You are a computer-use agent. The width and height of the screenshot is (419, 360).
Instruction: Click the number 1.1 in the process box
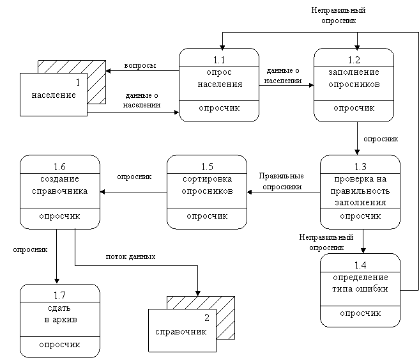219,60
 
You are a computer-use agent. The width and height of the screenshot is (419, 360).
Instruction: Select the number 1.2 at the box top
354,60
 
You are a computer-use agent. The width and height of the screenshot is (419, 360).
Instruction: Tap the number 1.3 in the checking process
360,167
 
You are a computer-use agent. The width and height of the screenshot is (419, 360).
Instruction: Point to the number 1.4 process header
360,265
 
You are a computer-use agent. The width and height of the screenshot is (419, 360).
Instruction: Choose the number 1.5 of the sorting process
207,167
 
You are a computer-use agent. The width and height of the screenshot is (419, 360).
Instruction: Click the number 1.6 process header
59,167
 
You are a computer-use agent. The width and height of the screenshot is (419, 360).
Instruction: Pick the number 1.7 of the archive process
59,295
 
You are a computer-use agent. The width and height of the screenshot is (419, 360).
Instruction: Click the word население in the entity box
54,95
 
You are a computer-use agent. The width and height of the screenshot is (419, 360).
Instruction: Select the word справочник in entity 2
181,332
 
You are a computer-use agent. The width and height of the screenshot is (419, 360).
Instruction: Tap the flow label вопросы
140,65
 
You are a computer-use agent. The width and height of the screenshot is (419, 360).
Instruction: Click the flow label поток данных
131,257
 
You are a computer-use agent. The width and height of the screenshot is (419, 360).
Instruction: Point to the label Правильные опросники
282,182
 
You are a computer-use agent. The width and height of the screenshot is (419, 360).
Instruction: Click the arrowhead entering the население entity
108,71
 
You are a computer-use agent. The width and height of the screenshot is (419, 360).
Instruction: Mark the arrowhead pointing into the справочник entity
198,293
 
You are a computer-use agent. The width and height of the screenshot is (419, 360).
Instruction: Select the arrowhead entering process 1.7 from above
57,281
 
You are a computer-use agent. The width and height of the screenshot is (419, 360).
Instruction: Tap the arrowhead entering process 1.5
250,192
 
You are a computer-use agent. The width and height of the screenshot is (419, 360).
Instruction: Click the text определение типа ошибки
360,283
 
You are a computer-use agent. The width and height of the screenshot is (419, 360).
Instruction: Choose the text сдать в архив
61,314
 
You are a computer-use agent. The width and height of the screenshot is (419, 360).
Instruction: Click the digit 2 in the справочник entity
207,318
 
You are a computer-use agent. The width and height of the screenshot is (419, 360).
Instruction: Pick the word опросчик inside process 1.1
219,108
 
